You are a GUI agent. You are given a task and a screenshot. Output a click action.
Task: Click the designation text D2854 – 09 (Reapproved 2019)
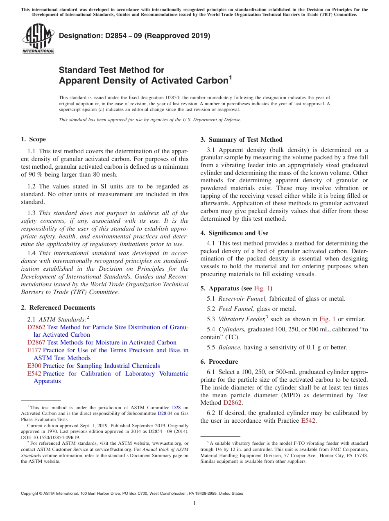135,36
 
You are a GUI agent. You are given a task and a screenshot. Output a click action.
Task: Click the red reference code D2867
36,342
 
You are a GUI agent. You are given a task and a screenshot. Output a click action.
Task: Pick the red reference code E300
34,366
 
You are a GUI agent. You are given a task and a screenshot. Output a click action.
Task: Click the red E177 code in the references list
34,350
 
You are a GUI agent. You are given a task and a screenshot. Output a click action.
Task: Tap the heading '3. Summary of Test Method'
241,140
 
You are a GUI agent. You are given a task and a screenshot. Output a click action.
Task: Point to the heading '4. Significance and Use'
234,233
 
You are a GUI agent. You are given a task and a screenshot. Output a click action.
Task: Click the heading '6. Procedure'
219,362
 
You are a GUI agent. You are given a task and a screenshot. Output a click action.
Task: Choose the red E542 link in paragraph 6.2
308,421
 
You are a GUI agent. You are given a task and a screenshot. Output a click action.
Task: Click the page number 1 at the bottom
194,503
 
